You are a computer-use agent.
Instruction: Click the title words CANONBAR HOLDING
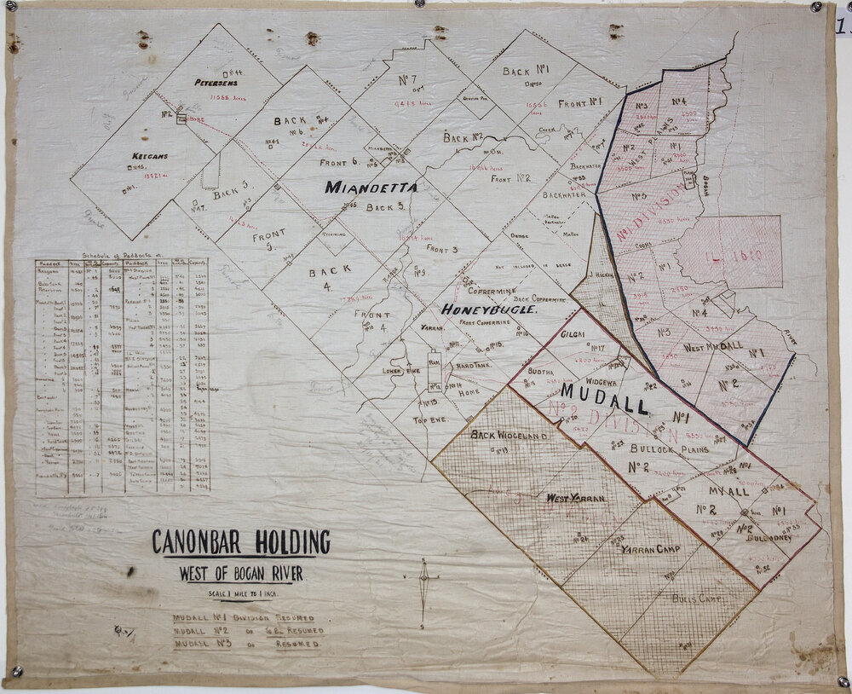[x=240, y=542]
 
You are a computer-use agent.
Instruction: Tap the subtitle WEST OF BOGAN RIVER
[x=240, y=574]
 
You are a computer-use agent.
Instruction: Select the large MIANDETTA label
[x=371, y=188]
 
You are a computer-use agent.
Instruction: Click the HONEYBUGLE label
[x=488, y=310]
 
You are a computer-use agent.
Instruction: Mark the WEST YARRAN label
[x=576, y=498]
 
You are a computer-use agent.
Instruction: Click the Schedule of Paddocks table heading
[x=126, y=255]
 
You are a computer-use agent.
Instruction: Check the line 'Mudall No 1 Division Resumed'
[x=244, y=617]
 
